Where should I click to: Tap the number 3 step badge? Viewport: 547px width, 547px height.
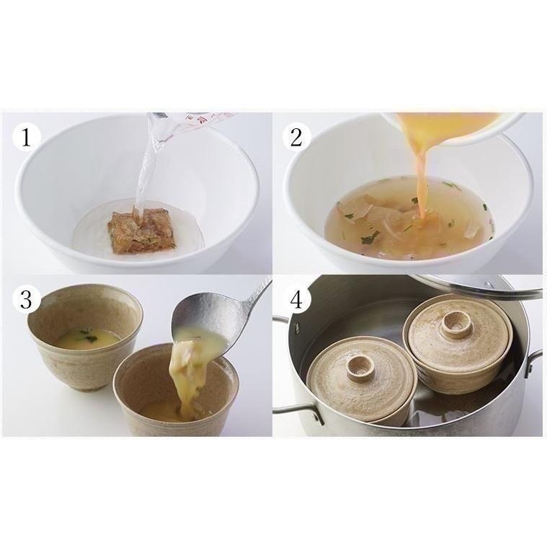click(27, 299)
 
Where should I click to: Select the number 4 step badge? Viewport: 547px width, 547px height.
click(296, 299)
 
